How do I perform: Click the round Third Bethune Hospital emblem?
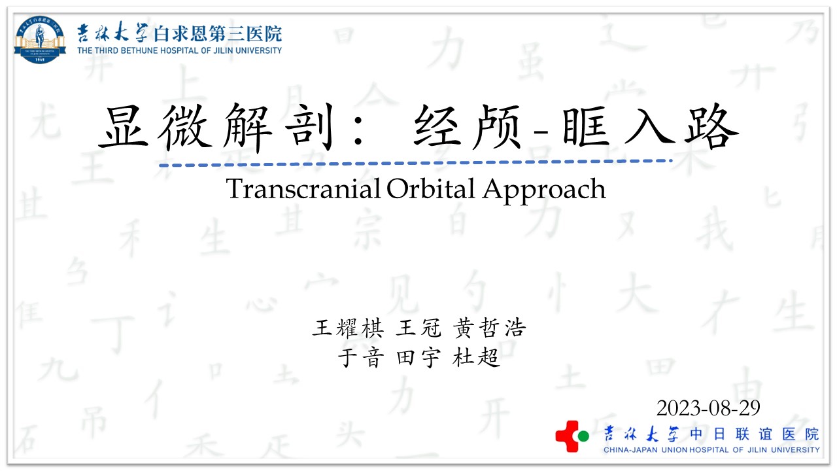pos(40,39)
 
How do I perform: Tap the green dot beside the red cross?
pos(583,436)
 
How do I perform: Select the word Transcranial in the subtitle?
pos(303,189)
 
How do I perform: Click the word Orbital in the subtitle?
pos(431,189)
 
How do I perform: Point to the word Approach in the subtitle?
pos(544,190)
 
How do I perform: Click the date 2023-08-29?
pos(708,408)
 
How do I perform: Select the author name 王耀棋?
pos(348,328)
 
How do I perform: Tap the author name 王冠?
pos(418,328)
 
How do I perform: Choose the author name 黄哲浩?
pos(490,328)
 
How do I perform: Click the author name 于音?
pos(361,357)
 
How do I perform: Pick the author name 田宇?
pos(418,357)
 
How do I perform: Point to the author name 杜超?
pos(476,357)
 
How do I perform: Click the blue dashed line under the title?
pos(415,163)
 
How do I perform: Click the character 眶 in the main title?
pos(586,127)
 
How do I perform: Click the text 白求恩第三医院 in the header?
pos(218,34)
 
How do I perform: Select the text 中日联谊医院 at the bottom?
pos(755,434)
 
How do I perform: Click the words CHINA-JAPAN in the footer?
pos(630,449)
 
